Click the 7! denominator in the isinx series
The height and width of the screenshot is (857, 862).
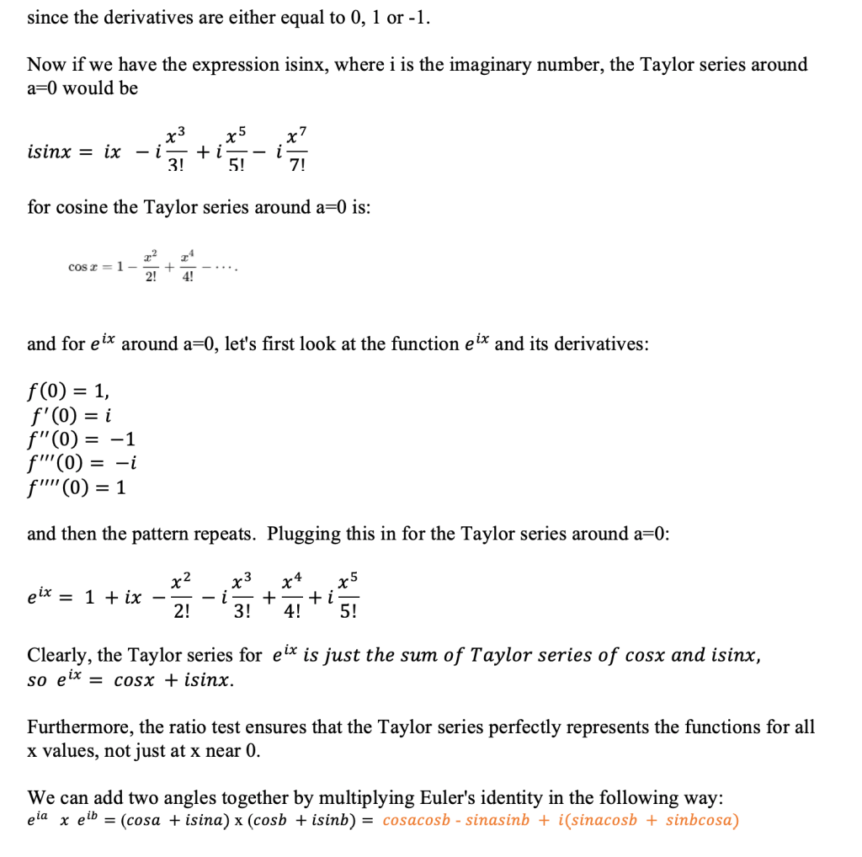click(295, 165)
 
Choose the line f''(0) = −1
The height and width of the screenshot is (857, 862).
click(81, 439)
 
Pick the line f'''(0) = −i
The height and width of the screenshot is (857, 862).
click(82, 462)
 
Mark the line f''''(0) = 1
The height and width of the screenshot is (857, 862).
click(77, 487)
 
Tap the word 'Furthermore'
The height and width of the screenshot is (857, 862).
click(79, 727)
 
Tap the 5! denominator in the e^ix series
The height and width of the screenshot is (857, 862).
click(348, 612)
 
